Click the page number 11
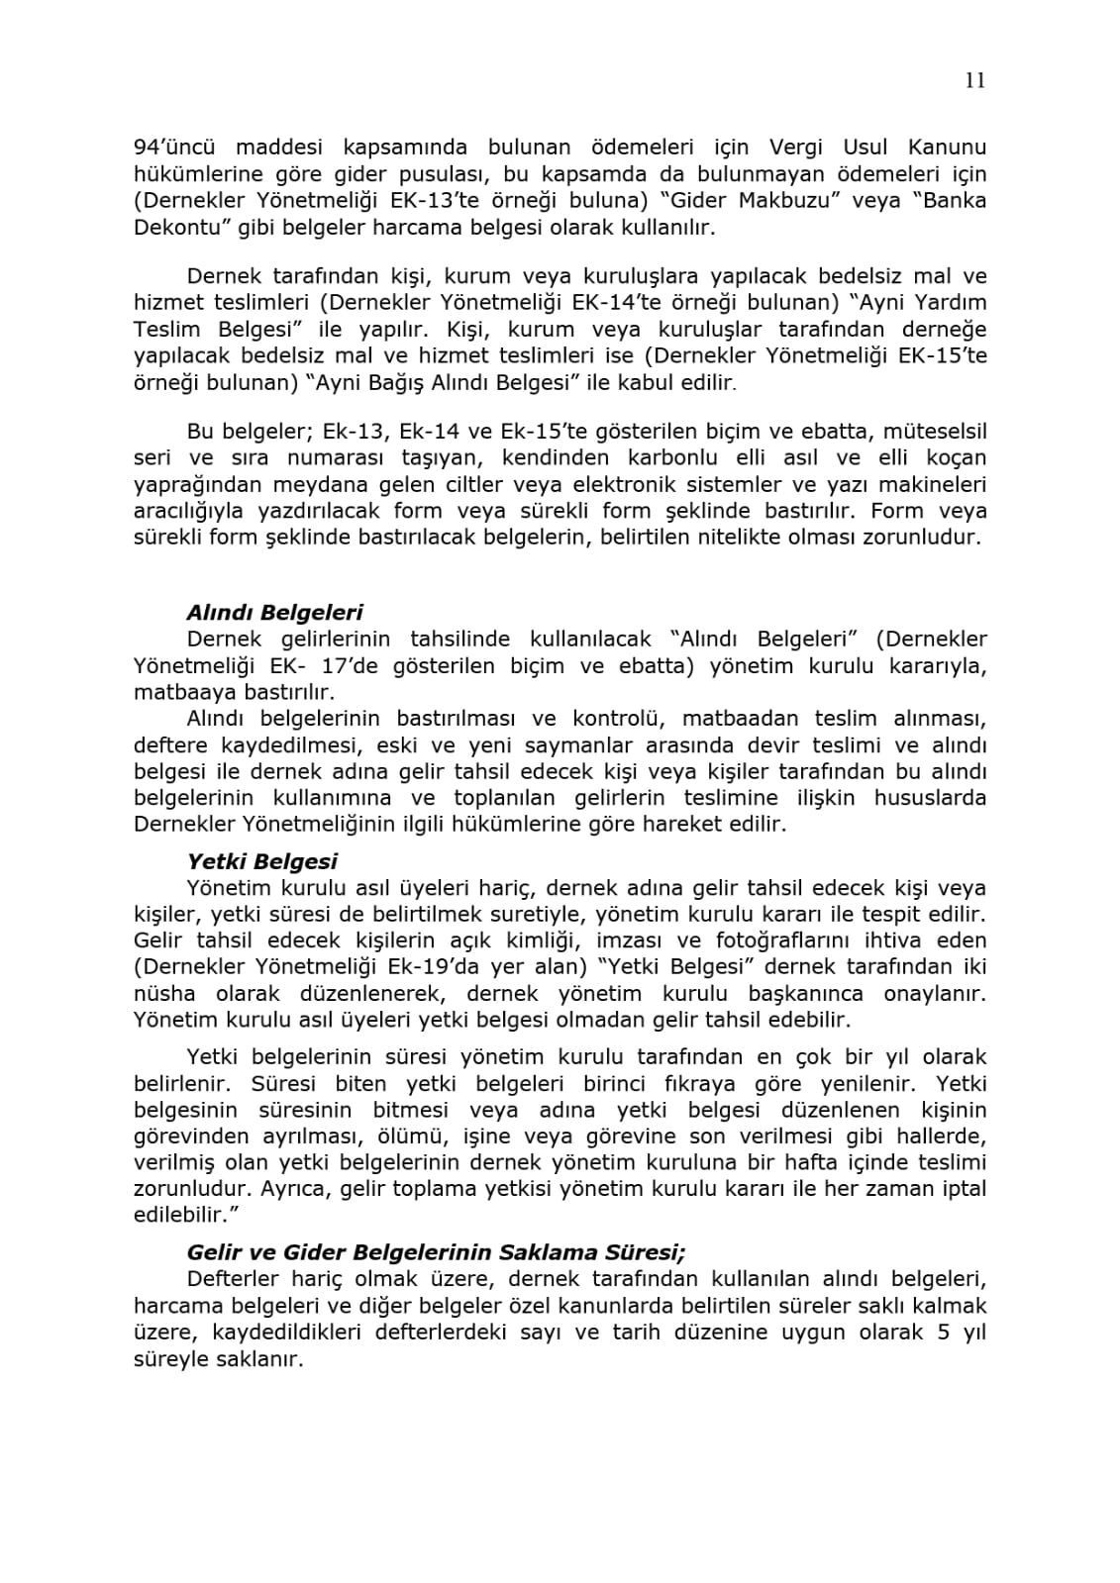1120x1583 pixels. [x=974, y=81]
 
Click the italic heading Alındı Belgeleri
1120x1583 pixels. [x=274, y=613]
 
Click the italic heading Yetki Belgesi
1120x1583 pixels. [x=261, y=862]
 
